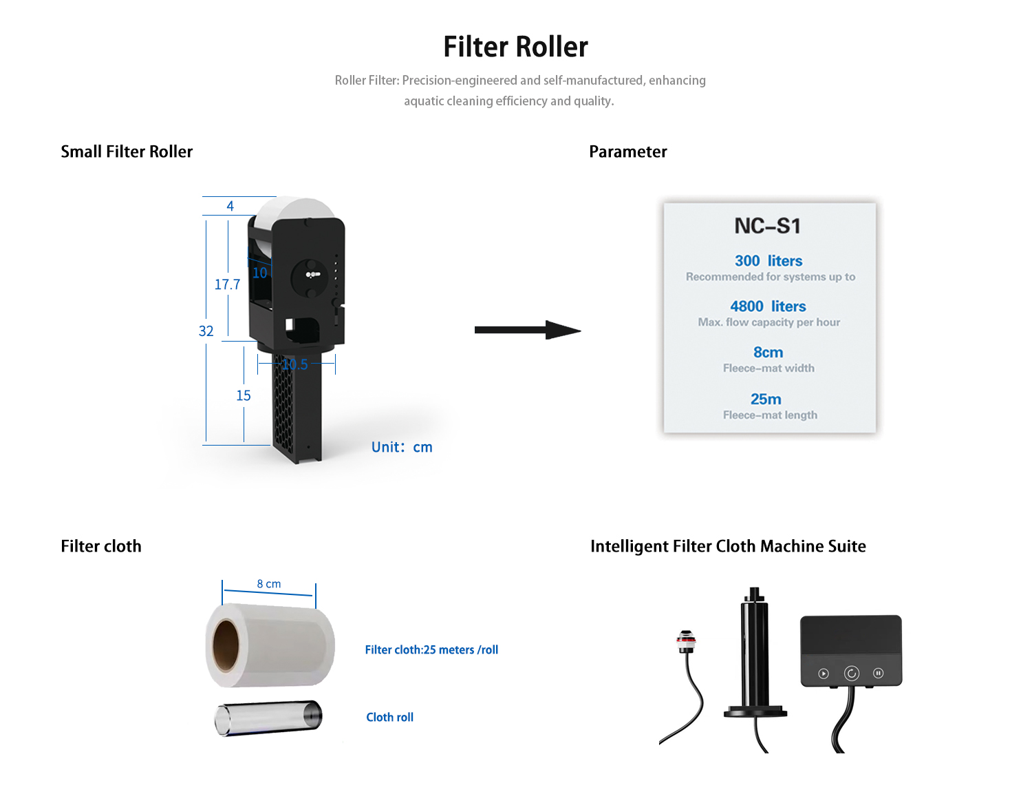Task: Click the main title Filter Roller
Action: [x=515, y=47]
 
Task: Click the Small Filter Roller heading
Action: [x=127, y=152]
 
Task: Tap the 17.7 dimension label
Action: [x=227, y=284]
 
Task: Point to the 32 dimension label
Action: [x=206, y=331]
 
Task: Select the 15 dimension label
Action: [x=244, y=396]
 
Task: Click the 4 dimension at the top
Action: [x=230, y=206]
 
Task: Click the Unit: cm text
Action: [x=402, y=447]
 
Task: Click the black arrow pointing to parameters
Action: [x=527, y=330]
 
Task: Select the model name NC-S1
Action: [x=767, y=226]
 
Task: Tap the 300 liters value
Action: [x=768, y=261]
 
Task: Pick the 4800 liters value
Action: [x=768, y=306]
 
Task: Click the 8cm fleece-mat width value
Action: [x=768, y=353]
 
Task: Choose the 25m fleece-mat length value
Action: [x=766, y=399]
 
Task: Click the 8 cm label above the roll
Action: [x=269, y=584]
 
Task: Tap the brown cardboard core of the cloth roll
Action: [x=226, y=645]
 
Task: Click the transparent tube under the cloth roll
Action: [x=268, y=718]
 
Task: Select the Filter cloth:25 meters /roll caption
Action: [x=431, y=649]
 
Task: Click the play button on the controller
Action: [x=824, y=674]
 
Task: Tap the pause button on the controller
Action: [x=879, y=673]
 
